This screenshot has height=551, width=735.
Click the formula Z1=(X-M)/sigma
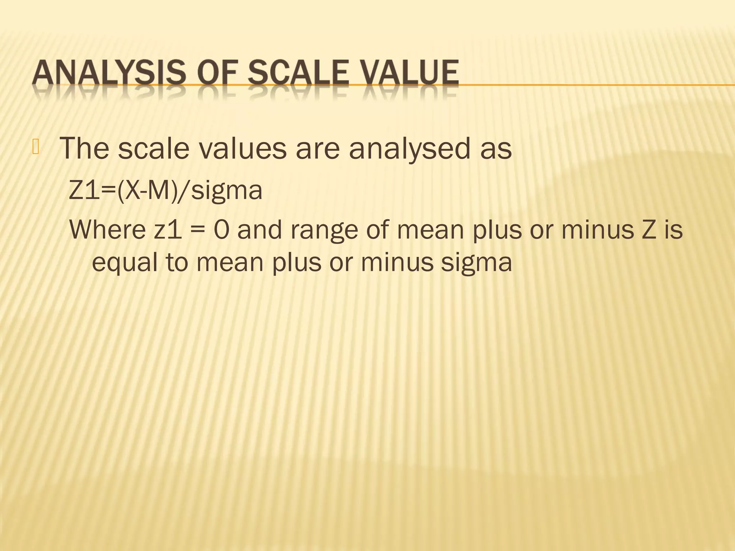(165, 190)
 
